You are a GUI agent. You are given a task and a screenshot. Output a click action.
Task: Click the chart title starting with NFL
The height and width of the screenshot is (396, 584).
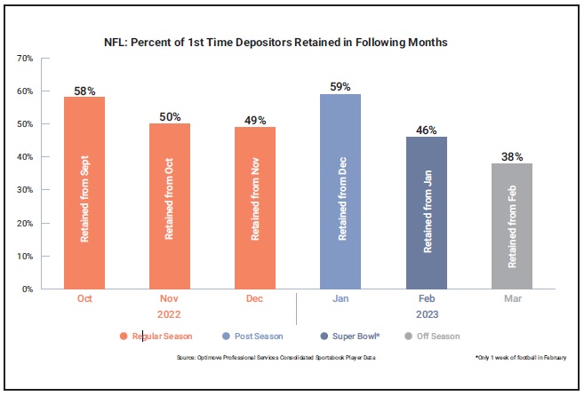[276, 43]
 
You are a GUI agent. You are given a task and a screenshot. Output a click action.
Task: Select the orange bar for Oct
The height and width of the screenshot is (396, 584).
[84, 193]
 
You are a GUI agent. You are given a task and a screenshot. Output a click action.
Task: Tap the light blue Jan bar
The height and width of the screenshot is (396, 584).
[340, 192]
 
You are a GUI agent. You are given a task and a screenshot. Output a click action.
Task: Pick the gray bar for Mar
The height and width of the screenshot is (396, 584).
[512, 226]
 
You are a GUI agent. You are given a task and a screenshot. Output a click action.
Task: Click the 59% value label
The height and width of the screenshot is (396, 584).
[340, 87]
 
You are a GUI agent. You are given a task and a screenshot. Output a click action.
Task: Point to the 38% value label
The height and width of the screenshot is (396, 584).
[512, 156]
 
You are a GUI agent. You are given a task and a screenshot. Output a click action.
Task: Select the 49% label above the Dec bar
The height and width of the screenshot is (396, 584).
[255, 120]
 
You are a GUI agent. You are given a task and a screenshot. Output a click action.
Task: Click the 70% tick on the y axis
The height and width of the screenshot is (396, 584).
[25, 58]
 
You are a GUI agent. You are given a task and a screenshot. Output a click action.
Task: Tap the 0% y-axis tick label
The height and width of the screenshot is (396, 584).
[28, 289]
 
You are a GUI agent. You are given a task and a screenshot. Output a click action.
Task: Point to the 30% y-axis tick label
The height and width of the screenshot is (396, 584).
[25, 189]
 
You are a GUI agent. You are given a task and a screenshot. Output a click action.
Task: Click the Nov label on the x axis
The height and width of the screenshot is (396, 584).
[169, 298]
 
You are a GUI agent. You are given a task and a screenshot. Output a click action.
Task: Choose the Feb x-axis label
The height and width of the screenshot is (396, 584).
[427, 298]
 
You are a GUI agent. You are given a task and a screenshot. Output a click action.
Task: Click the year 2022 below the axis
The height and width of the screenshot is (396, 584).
[169, 314]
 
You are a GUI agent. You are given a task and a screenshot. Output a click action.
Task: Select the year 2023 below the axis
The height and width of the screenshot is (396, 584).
[428, 314]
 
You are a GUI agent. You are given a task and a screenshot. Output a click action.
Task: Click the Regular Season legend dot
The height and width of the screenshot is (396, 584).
[124, 337]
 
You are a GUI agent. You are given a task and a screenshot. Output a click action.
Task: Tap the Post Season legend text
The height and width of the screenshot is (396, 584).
[259, 337]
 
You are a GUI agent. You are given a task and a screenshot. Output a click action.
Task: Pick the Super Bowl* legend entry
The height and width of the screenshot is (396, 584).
[350, 337]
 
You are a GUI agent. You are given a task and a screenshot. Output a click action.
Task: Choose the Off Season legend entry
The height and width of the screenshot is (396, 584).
[432, 337]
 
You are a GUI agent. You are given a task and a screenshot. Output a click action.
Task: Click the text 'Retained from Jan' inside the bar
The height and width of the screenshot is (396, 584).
[428, 211]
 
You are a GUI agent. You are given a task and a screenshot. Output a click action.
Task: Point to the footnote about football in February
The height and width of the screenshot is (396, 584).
[521, 357]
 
